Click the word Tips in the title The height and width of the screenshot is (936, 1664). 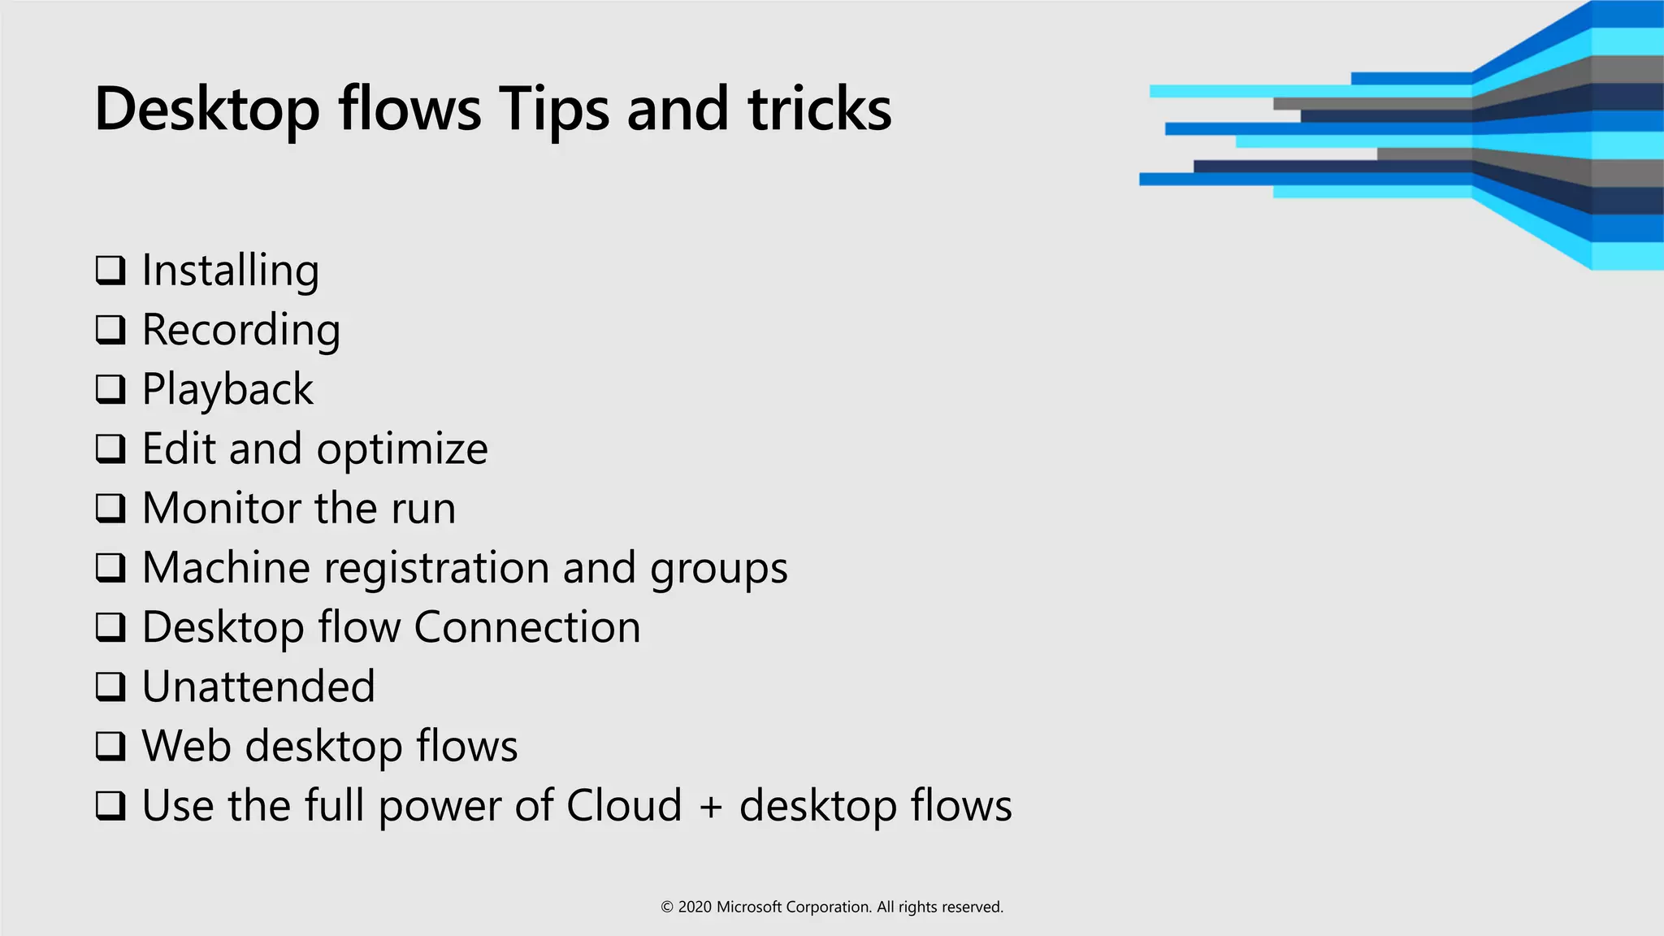pyautogui.click(x=553, y=110)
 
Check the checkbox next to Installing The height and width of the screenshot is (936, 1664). pyautogui.click(x=110, y=270)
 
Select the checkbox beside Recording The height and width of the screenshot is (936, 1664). pyautogui.click(x=110, y=329)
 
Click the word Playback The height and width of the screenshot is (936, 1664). pyautogui.click(x=227, y=389)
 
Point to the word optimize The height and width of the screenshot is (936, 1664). pyautogui.click(x=402, y=449)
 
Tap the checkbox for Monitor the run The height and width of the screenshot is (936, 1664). pyautogui.click(x=110, y=508)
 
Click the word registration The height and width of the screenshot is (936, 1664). pyautogui.click(x=436, y=568)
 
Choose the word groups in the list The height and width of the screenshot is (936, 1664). pyautogui.click(x=718, y=568)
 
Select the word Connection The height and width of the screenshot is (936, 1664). pyautogui.click(x=527, y=627)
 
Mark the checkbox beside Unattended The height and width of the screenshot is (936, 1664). pyautogui.click(x=110, y=687)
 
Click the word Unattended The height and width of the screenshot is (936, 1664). pyautogui.click(x=258, y=687)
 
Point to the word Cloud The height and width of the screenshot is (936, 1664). pyautogui.click(x=623, y=805)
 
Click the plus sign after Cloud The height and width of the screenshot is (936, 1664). pyautogui.click(x=710, y=807)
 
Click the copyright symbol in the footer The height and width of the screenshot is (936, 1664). pyautogui.click(x=667, y=908)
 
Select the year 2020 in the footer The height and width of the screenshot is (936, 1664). pyautogui.click(x=695, y=908)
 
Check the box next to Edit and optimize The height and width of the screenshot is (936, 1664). pyautogui.click(x=110, y=448)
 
